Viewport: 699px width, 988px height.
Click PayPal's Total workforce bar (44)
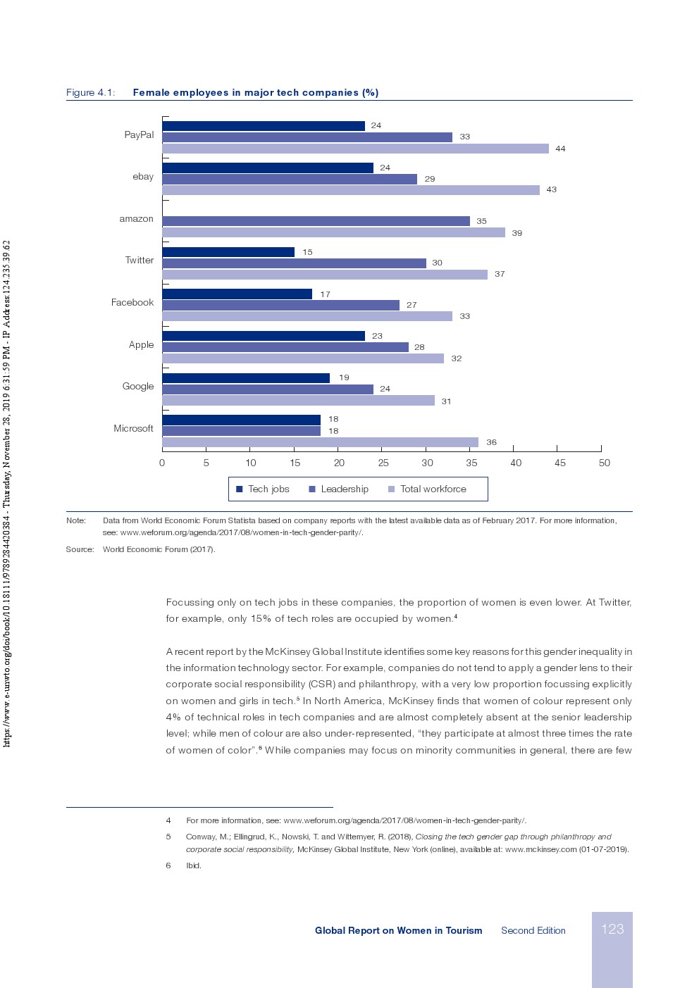(x=355, y=149)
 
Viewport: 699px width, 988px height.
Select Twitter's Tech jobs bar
(x=228, y=252)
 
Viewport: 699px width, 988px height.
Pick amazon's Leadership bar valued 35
(x=316, y=221)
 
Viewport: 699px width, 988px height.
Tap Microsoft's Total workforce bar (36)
(x=320, y=442)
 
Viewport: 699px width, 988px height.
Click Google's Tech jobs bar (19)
(x=246, y=378)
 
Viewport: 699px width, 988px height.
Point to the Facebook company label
(x=132, y=303)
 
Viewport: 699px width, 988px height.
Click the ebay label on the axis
(x=143, y=177)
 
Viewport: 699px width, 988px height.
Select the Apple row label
(x=141, y=345)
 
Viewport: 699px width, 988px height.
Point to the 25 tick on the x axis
(x=383, y=463)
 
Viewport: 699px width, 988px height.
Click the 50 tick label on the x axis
(x=604, y=463)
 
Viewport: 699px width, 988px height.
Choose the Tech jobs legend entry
(x=263, y=489)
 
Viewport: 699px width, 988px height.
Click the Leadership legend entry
(x=339, y=489)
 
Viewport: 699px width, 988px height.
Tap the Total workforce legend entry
(x=427, y=489)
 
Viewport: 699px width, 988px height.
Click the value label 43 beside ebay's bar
(x=552, y=189)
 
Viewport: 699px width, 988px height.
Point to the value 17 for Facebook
(x=325, y=294)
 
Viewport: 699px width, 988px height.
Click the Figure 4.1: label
(x=90, y=93)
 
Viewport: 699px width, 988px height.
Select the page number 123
(x=612, y=930)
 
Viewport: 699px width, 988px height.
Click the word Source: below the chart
(x=80, y=549)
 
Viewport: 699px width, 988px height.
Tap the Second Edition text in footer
(x=533, y=931)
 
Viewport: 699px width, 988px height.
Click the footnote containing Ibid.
(x=193, y=865)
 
